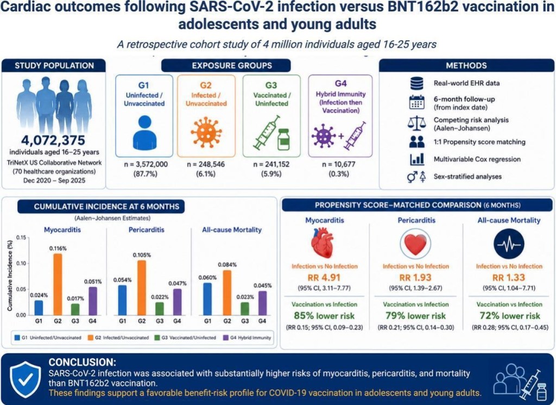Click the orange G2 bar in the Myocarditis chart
[x=58, y=284]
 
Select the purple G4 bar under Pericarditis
[x=177, y=302]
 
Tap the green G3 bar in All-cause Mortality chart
[x=245, y=308]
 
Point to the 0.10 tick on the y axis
[x=21, y=263]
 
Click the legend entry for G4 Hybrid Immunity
[x=247, y=338]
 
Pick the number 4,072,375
[x=53, y=141]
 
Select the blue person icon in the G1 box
[x=144, y=133]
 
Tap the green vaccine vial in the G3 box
[x=283, y=140]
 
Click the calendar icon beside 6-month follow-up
[x=416, y=102]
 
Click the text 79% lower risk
[x=415, y=315]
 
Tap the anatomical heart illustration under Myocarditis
[x=323, y=244]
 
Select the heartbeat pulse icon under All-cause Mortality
[x=509, y=244]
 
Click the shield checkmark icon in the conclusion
[x=26, y=380]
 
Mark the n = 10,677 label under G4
[x=339, y=164]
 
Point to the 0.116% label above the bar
[x=58, y=248]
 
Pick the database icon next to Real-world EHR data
[x=416, y=83]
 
